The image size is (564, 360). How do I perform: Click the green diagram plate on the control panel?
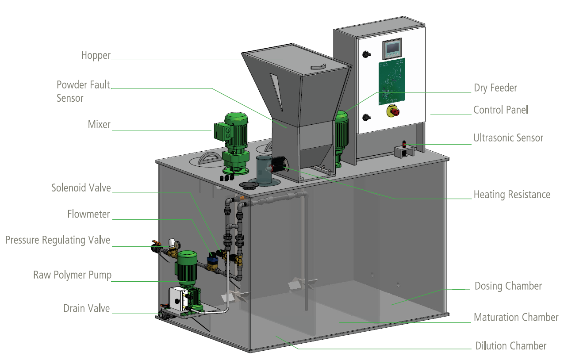(391, 81)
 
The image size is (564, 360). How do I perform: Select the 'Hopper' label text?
(96, 55)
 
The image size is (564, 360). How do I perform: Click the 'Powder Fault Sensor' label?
(83, 91)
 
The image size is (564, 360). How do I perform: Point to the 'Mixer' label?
(99, 124)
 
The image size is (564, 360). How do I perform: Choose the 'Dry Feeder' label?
(495, 88)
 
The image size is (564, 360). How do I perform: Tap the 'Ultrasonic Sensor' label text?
(508, 138)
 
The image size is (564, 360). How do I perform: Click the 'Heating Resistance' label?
(512, 194)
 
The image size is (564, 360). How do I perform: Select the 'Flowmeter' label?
(88, 214)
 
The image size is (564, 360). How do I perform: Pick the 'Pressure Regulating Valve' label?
(58, 240)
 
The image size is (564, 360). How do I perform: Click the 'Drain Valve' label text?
(86, 308)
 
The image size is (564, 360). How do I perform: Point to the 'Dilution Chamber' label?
(510, 346)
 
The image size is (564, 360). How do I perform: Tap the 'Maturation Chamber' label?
(516, 317)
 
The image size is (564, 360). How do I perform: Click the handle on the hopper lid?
(318, 66)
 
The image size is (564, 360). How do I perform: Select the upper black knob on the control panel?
(366, 54)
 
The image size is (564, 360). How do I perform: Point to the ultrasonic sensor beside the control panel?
(404, 148)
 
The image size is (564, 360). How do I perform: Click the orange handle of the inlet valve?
(156, 243)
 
